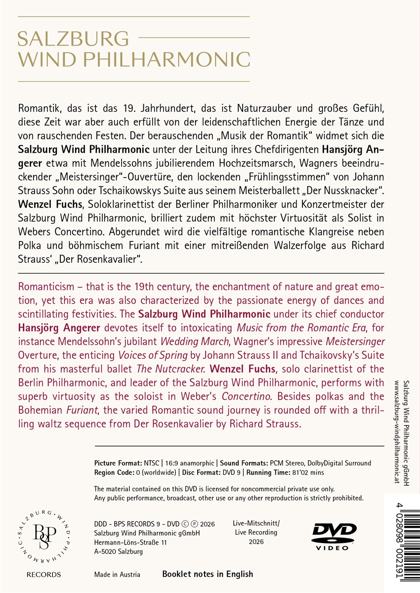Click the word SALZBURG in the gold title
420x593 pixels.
[x=73, y=39]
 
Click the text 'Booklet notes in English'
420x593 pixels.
[x=208, y=574]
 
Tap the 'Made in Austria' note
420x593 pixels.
[x=117, y=574]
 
